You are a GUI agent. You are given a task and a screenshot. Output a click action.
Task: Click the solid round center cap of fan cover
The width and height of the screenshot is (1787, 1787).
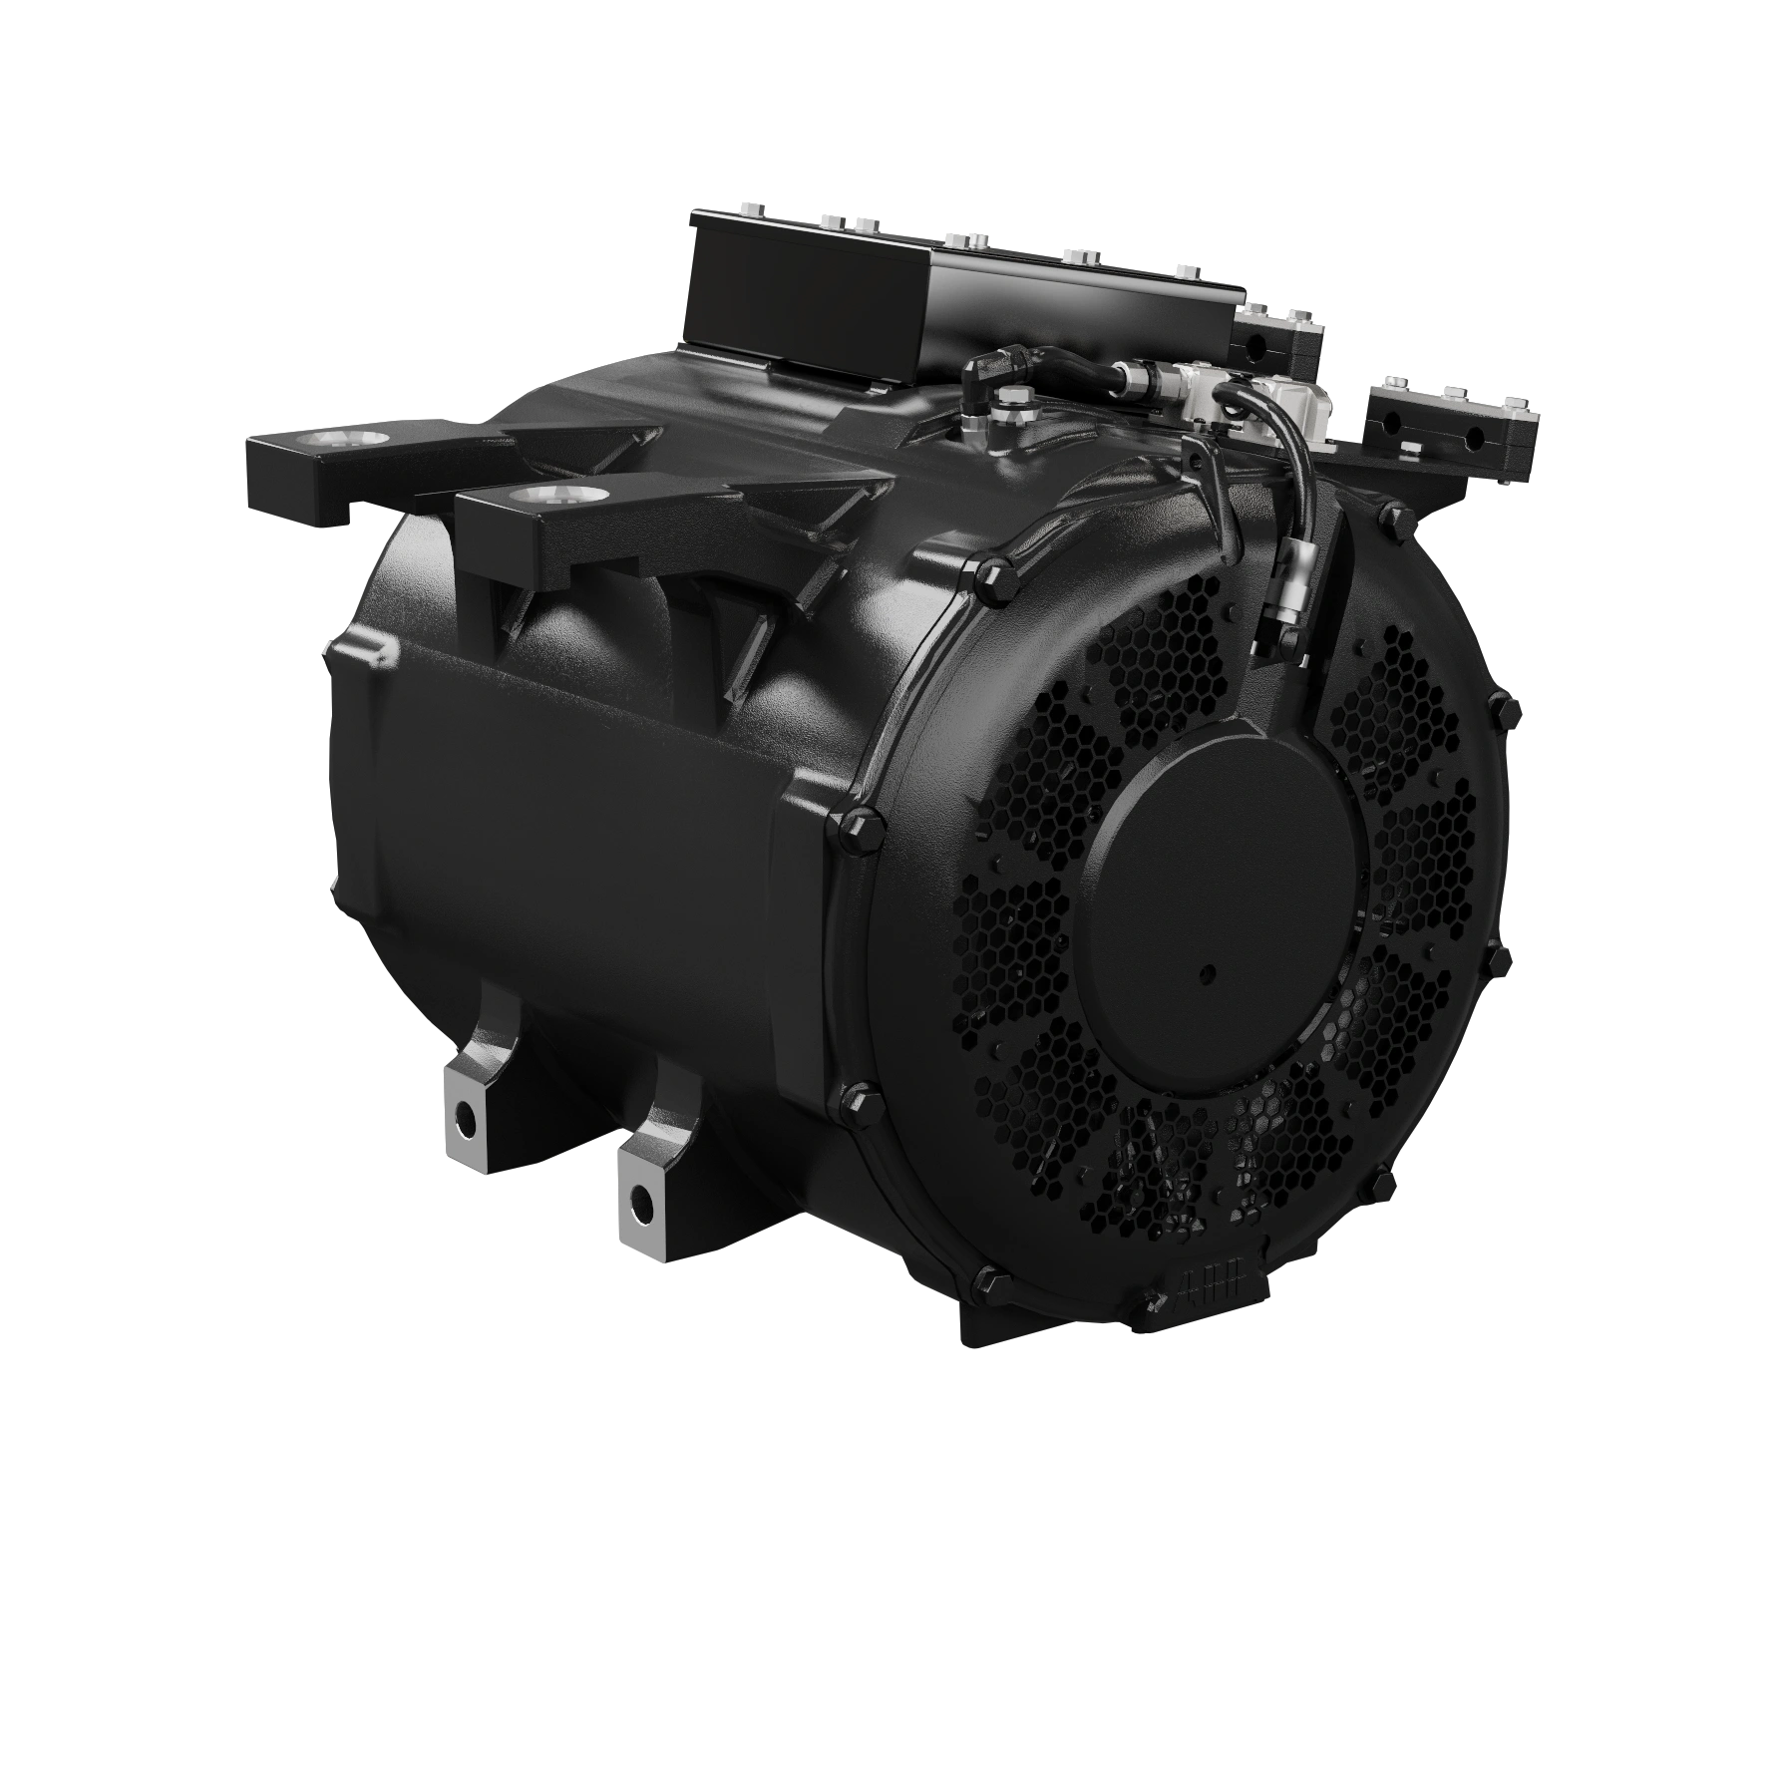click(1226, 878)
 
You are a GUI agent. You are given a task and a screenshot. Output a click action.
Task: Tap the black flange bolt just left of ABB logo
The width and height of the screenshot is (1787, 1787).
click(1157, 1300)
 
